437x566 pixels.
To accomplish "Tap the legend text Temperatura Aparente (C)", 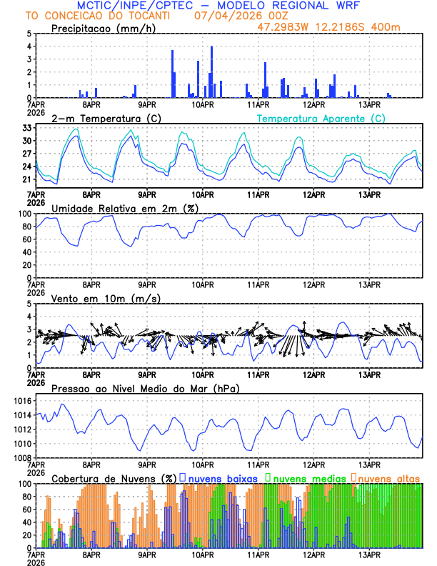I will [321, 118].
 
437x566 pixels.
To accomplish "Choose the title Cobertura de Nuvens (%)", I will [114, 478].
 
